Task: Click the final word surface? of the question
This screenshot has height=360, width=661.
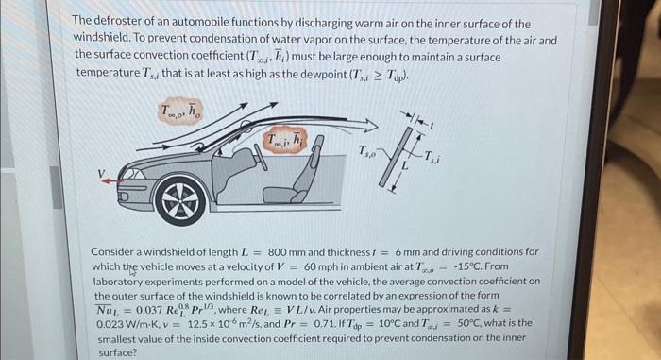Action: click(116, 351)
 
